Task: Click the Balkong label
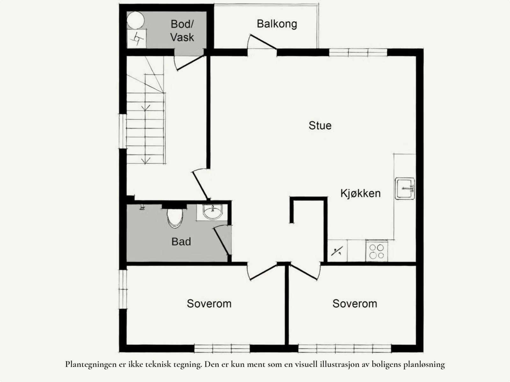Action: [277, 24]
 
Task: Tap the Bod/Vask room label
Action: [182, 31]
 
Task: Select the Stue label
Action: [320, 125]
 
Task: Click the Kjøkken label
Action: [360, 193]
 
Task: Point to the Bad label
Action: [181, 241]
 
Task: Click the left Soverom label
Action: [209, 303]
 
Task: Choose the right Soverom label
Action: [354, 303]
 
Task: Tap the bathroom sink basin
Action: [212, 212]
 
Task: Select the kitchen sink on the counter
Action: [405, 189]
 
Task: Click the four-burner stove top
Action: [376, 251]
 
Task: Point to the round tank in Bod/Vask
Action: [135, 20]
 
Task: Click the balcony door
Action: [262, 41]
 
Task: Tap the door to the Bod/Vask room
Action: [189, 63]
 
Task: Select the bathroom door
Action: [221, 241]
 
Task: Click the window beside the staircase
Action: [123, 131]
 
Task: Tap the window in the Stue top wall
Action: [358, 52]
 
